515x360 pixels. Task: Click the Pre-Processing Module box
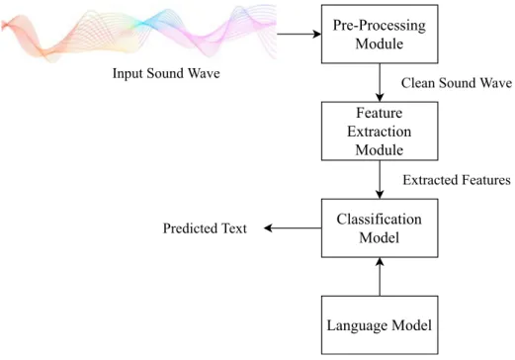tap(380, 34)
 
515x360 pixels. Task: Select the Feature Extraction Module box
tap(380, 132)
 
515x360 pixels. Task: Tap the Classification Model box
tap(380, 228)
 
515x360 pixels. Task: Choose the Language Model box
tap(380, 325)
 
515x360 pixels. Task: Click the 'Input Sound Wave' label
tap(166, 73)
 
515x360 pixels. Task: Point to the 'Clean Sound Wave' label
tap(457, 83)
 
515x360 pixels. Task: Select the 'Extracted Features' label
tap(457, 180)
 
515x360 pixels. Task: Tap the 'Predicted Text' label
tap(205, 228)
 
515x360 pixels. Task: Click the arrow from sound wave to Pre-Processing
tap(299, 34)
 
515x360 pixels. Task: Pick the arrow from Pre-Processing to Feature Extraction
tap(380, 82)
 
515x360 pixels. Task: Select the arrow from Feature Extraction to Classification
tap(380, 180)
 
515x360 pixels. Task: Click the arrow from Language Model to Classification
tap(380, 277)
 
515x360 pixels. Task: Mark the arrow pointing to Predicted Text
tap(293, 228)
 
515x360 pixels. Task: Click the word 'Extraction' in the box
tap(380, 132)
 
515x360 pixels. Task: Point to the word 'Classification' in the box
tap(380, 220)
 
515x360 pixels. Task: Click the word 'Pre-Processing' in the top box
tap(380, 26)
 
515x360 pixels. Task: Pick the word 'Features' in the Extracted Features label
tap(486, 180)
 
